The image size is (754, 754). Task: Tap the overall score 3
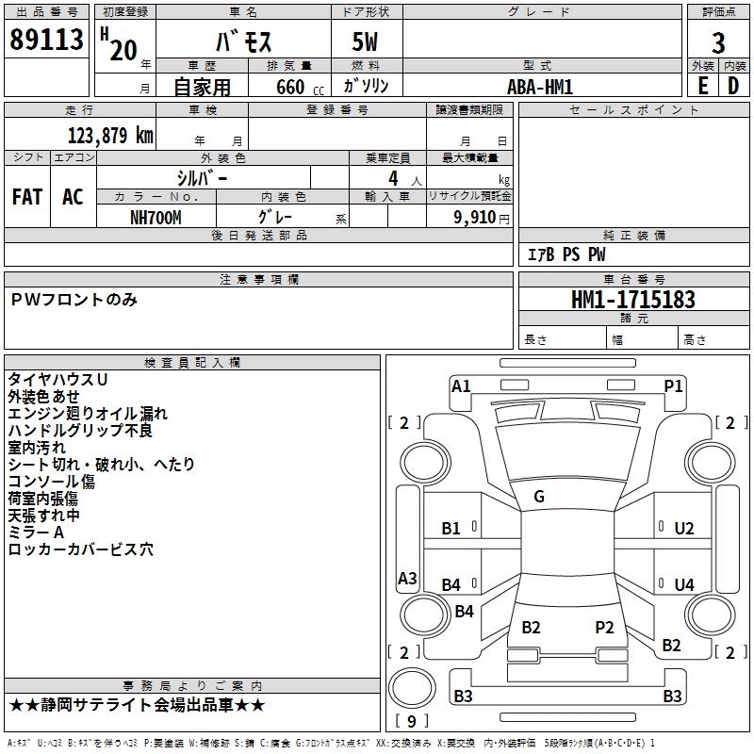click(718, 42)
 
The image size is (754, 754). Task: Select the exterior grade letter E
click(702, 85)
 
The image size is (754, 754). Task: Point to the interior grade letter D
click(733, 85)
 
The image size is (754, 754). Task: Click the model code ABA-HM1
click(540, 87)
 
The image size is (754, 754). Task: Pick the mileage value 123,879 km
click(110, 135)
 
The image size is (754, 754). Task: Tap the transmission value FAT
click(27, 196)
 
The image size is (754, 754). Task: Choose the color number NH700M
click(156, 216)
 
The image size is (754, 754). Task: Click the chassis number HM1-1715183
click(633, 300)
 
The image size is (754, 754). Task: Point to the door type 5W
click(367, 43)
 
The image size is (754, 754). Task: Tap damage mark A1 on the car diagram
click(461, 385)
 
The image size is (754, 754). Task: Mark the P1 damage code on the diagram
click(673, 385)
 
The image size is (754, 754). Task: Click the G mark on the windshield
click(539, 497)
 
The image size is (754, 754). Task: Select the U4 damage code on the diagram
click(683, 585)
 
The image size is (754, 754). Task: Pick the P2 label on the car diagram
click(604, 627)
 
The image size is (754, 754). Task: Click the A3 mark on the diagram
click(407, 579)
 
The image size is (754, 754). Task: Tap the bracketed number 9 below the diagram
click(411, 721)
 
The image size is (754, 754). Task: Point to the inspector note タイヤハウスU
click(57, 379)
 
